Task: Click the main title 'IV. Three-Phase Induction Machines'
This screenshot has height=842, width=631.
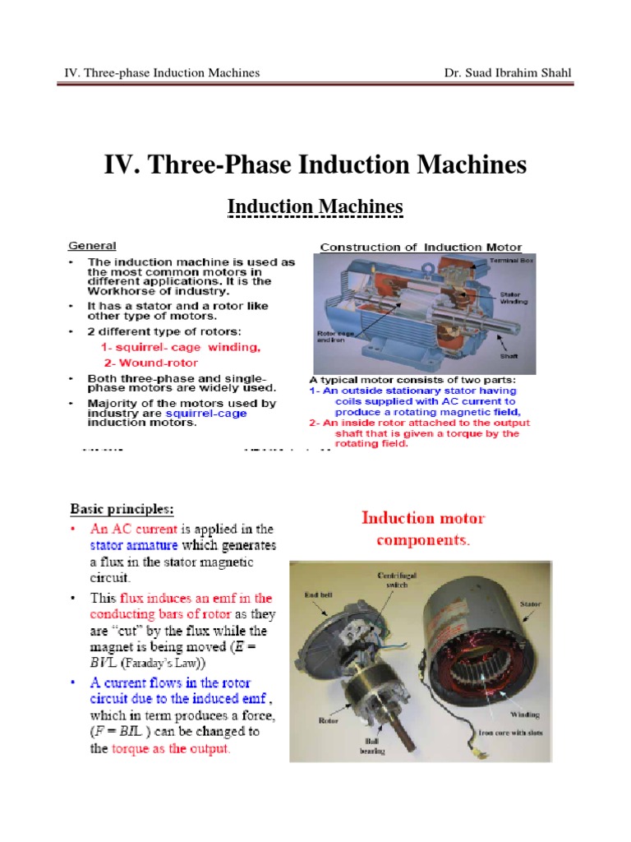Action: pyautogui.click(x=315, y=165)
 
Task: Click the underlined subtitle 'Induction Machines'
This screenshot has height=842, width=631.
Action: pyautogui.click(x=315, y=207)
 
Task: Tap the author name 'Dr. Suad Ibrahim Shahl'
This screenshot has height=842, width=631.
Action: pyautogui.click(x=506, y=73)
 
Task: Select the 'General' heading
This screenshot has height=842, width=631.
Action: pyautogui.click(x=91, y=245)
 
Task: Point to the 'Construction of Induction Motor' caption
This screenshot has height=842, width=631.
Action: pyautogui.click(x=420, y=247)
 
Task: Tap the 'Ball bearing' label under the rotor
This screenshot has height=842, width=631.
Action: pyautogui.click(x=362, y=745)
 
